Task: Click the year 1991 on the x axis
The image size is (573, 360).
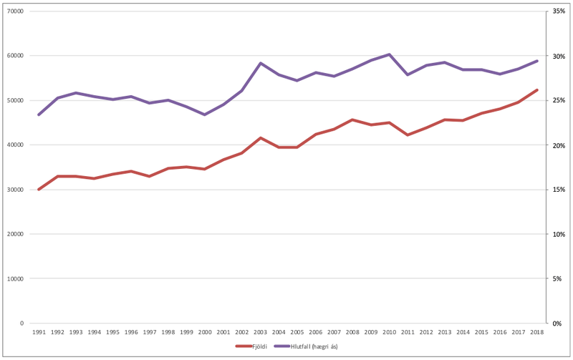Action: click(39, 332)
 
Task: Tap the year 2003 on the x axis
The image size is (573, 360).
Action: click(260, 332)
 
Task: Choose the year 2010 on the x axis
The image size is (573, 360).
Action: click(389, 332)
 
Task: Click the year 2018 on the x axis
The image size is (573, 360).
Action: click(536, 332)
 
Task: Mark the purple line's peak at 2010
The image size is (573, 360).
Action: click(389, 54)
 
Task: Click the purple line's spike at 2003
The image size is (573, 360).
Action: click(260, 63)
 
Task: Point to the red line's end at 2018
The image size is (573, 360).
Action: click(537, 90)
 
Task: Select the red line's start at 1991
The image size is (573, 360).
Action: click(39, 190)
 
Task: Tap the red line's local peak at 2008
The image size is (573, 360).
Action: click(352, 120)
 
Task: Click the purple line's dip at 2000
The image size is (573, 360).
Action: click(205, 115)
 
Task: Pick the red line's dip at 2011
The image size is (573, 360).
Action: click(408, 135)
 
